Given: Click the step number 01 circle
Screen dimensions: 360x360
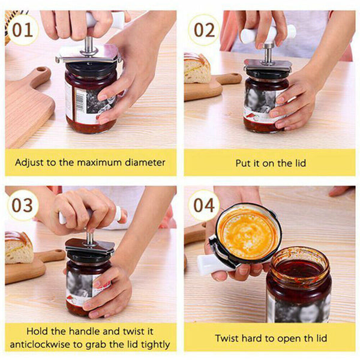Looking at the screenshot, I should coord(23,29).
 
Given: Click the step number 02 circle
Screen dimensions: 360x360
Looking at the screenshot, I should coord(203,29).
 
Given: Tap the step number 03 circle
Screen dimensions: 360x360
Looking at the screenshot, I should coord(23,205).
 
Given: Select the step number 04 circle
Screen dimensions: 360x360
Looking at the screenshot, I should coord(203,205).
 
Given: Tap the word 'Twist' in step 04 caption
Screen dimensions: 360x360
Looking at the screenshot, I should coord(227,338).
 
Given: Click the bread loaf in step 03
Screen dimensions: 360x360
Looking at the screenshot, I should coord(19,246).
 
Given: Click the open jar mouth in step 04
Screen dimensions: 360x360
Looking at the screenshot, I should coord(299,266).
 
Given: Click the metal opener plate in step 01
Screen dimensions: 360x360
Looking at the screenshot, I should coord(90,56).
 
